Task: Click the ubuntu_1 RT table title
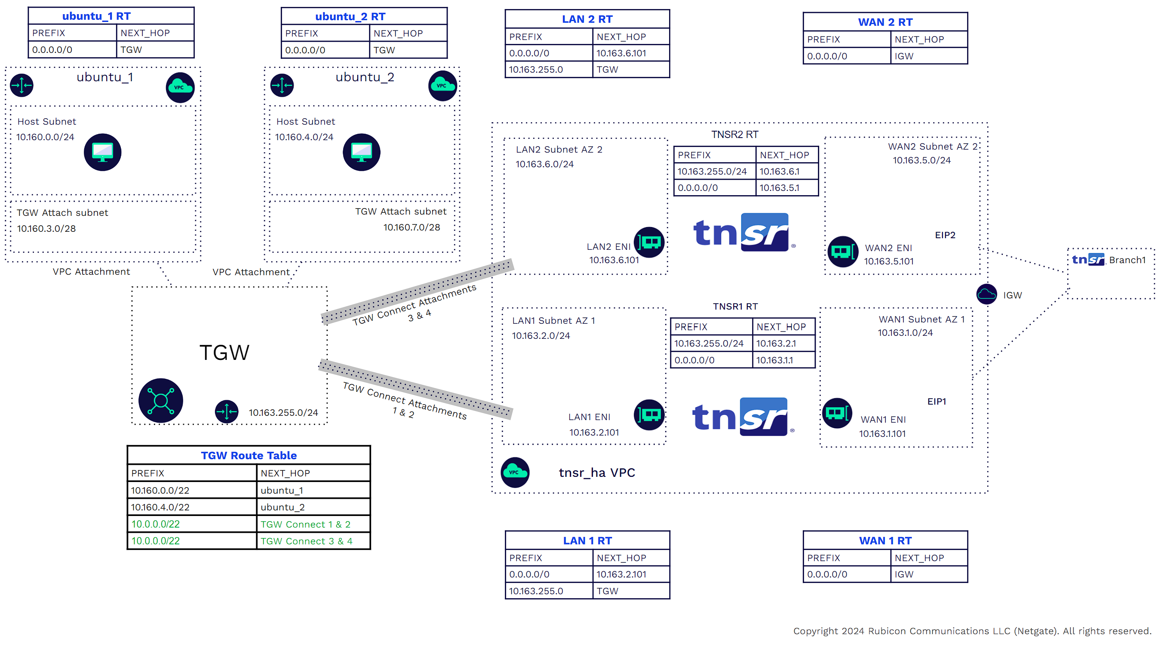[96, 16]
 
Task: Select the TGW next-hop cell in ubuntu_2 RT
[384, 50]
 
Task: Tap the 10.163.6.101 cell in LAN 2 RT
[621, 53]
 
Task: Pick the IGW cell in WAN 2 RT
[904, 56]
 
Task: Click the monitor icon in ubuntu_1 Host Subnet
[102, 152]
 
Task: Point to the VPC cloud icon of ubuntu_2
[442, 86]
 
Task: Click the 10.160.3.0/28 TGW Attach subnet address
[46, 229]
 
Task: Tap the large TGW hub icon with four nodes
[160, 400]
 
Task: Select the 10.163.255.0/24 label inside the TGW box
[283, 412]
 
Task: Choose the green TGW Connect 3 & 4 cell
[307, 541]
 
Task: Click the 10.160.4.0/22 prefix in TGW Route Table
[160, 507]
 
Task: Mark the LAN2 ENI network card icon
[649, 243]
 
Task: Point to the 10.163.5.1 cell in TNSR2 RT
[779, 188]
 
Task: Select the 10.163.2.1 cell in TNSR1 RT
[776, 344]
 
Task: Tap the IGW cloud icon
[986, 295]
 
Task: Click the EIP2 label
[945, 235]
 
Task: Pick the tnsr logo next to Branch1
[1087, 259]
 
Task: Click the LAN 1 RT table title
[587, 540]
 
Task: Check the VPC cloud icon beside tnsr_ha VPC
[515, 473]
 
